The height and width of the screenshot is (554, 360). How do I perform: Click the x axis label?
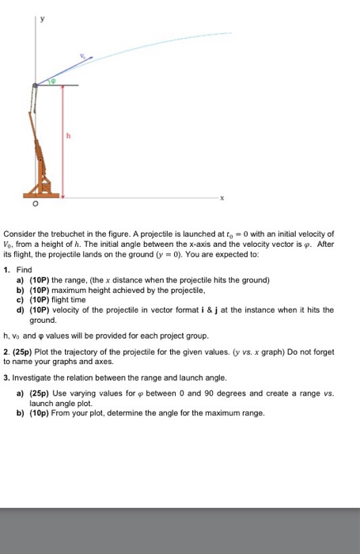(x=222, y=198)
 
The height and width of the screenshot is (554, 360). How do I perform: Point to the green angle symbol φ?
(x=53, y=81)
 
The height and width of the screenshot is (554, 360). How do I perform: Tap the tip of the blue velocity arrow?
(x=93, y=55)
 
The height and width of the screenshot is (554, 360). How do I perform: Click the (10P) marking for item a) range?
(x=40, y=280)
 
